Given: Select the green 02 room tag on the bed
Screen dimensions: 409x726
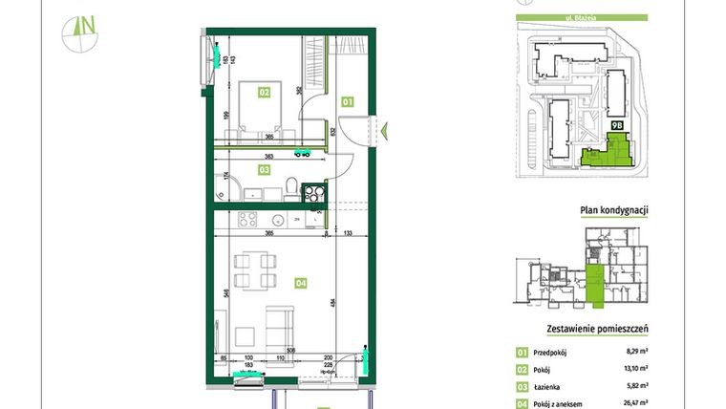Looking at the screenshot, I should pos(263,92).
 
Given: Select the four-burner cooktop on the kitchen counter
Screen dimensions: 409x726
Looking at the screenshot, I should pos(247,218).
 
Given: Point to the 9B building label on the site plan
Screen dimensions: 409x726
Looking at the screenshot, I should pos(617,125).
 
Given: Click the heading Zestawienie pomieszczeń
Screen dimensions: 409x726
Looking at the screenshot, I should pos(597,329).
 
